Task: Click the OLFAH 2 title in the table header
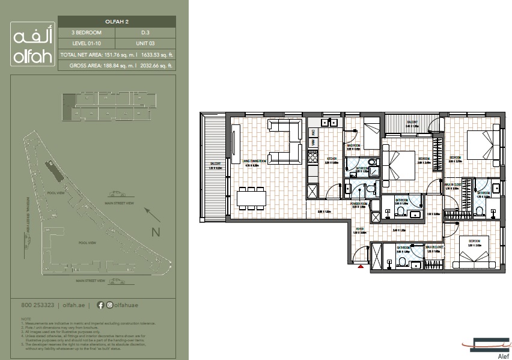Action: [x=117, y=22]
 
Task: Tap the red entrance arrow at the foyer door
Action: [x=361, y=266]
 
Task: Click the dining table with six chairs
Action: [x=251, y=198]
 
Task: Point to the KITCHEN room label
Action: [x=331, y=160]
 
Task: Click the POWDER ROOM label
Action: [x=359, y=204]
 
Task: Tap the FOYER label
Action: [x=359, y=229]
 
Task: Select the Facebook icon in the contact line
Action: [x=100, y=305]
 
